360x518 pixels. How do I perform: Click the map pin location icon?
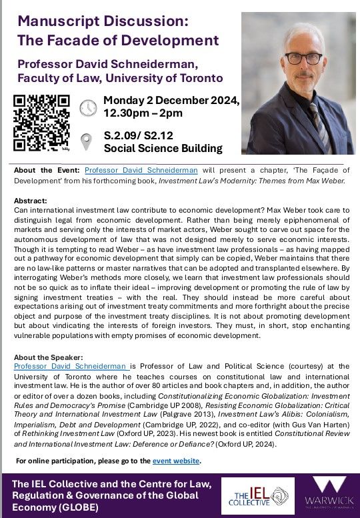pos(87,141)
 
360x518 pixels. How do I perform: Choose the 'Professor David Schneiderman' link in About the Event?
pos(151,170)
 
